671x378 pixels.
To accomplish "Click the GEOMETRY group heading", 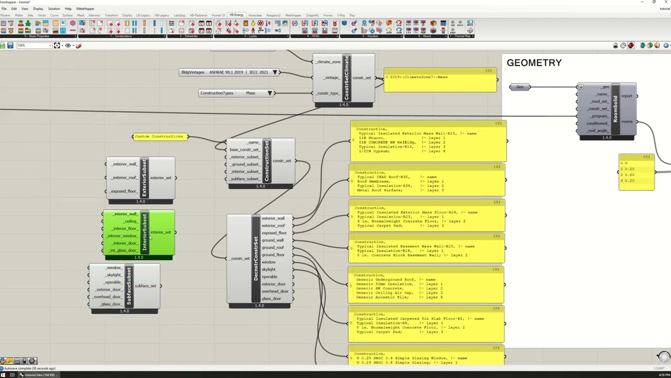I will click(x=534, y=63).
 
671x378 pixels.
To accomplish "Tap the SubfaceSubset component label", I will click(x=128, y=286).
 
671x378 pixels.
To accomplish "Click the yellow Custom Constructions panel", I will click(x=159, y=136).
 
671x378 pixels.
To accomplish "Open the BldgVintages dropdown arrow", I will click(x=275, y=72).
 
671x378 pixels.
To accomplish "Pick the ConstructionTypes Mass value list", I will click(x=236, y=93).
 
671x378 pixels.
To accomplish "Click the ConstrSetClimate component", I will click(x=346, y=78).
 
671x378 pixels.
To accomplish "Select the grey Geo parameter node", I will click(x=520, y=87).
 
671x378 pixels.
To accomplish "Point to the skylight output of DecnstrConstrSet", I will click(x=268, y=270).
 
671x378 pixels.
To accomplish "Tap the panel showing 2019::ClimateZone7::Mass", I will click(x=440, y=80).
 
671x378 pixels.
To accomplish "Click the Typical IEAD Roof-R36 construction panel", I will click(x=427, y=181).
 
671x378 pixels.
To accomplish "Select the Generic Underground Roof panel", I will click(x=426, y=286).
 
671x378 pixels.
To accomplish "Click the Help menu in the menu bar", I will click(x=68, y=9).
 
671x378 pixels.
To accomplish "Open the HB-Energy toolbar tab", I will click(x=236, y=15).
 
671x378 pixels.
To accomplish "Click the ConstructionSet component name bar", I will click(x=267, y=161).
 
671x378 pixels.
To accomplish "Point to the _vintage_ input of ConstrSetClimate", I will click(x=331, y=78).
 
